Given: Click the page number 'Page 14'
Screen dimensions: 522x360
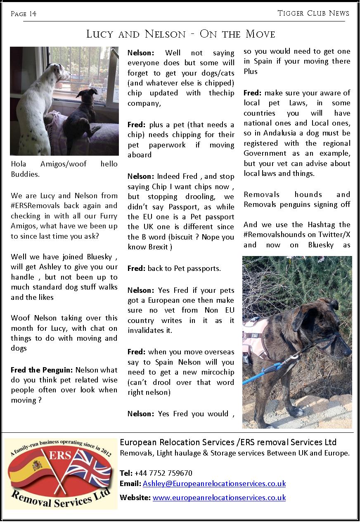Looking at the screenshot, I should coord(24,14).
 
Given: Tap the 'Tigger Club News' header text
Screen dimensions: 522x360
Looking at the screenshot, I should coord(313,13).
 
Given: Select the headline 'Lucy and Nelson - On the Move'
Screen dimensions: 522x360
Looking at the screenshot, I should coord(180,34).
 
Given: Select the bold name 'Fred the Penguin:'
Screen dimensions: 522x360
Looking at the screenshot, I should coord(41,370).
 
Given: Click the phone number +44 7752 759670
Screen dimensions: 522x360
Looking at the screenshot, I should coord(163,473).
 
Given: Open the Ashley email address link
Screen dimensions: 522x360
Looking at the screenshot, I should coord(214,484).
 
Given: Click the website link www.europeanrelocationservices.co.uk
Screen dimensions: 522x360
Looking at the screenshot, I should coord(219,498).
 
